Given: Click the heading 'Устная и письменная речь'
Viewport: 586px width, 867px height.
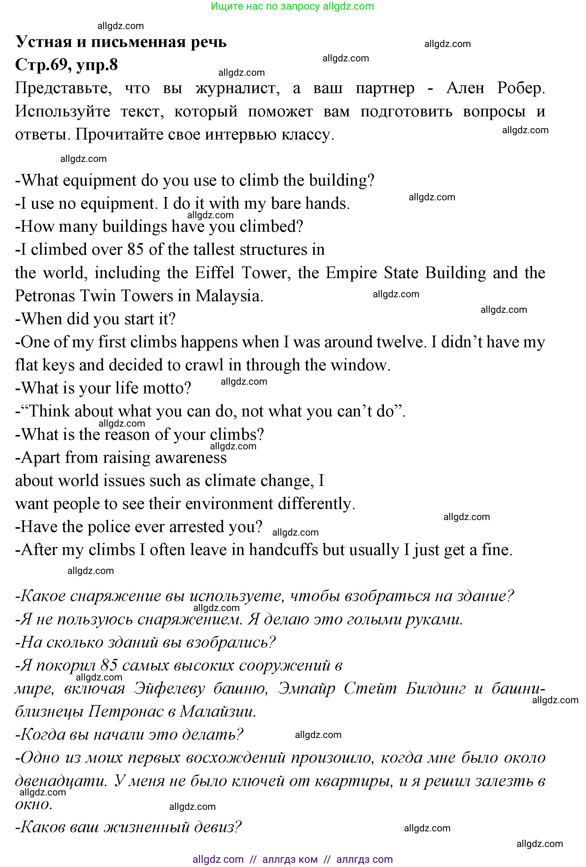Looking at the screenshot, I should pos(121,42).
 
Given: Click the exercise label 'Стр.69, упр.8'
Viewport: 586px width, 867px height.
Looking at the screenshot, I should pos(66,65).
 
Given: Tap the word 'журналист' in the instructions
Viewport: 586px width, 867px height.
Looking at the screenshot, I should pos(238,88).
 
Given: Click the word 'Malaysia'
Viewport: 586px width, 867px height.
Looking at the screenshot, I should pos(229,296).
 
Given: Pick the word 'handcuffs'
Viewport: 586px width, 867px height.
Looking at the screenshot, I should pos(283,550).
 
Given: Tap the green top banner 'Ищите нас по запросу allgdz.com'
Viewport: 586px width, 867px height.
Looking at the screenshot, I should pos(293,6).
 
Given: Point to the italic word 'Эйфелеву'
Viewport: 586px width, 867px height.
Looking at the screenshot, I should pos(169,688).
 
